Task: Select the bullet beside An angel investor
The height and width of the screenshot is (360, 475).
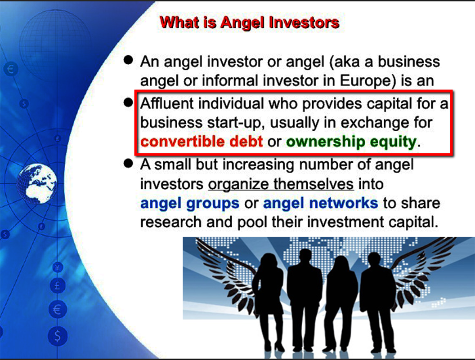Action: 129,60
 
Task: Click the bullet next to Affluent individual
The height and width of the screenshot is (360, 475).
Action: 129,102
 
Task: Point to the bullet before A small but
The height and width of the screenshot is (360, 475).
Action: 129,164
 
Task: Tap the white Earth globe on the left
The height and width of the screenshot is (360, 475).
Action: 37,183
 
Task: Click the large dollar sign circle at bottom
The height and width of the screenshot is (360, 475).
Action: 57,336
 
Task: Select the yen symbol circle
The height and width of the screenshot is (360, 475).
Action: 58,267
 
